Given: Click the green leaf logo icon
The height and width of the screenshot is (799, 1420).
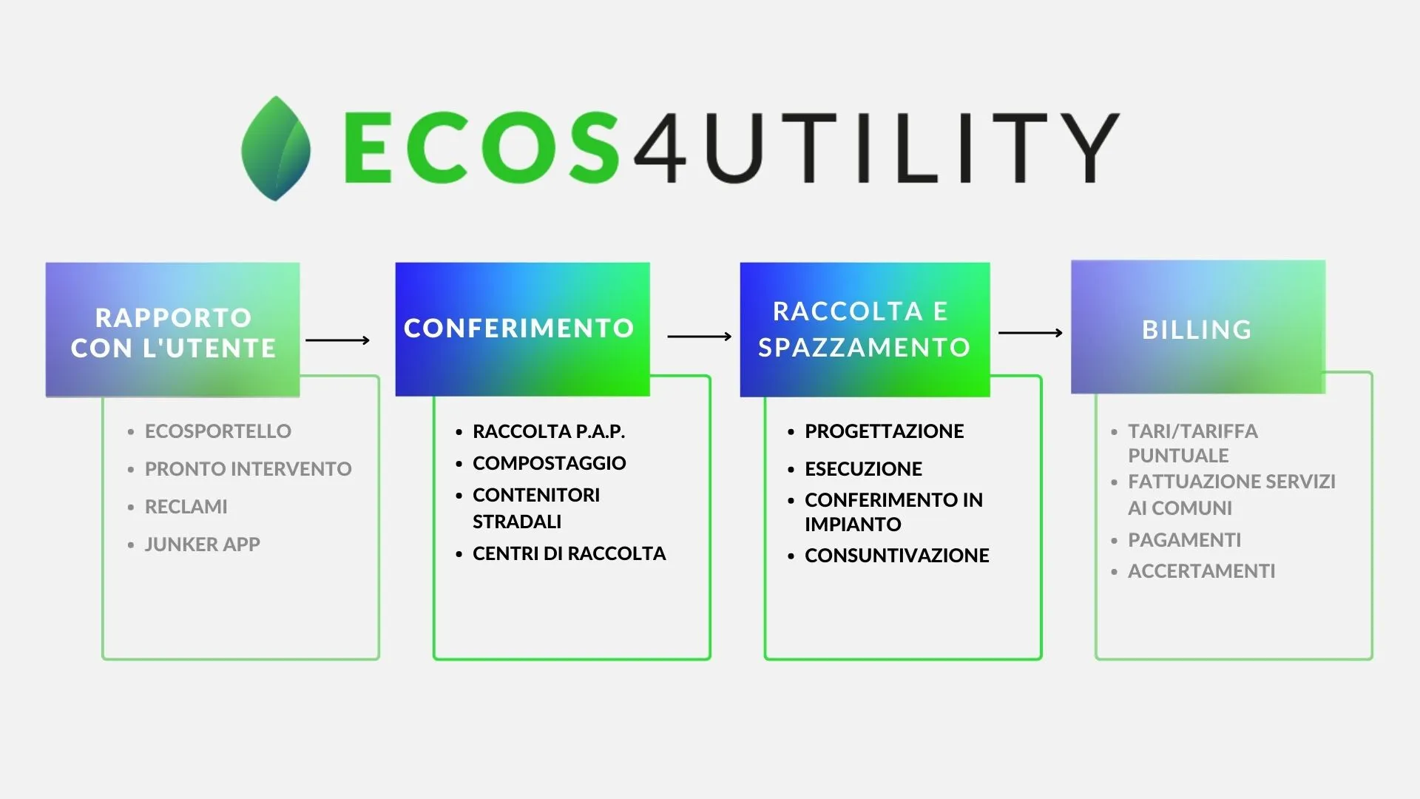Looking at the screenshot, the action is click(x=276, y=148).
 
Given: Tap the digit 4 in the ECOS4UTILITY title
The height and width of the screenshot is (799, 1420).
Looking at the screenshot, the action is click(x=660, y=148).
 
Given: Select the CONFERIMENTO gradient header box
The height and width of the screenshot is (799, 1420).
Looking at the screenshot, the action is click(x=522, y=329).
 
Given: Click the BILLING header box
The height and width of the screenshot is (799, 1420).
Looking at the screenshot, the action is click(x=1198, y=327).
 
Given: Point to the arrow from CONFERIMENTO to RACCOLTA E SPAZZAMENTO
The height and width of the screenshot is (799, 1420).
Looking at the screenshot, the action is click(x=699, y=337).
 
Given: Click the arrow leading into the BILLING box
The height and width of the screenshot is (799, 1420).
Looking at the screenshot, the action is click(x=1030, y=333).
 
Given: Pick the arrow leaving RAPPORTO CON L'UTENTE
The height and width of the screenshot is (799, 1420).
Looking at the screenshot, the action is click(x=337, y=340).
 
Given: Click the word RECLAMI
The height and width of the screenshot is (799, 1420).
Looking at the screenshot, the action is click(x=186, y=507).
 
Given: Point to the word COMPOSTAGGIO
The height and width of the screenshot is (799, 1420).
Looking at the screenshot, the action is click(x=550, y=463).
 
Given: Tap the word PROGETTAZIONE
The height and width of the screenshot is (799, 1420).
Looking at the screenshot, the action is click(x=885, y=431).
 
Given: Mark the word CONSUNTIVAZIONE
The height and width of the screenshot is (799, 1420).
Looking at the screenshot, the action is click(x=897, y=556).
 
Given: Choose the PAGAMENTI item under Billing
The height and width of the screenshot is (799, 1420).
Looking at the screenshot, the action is click(x=1185, y=540).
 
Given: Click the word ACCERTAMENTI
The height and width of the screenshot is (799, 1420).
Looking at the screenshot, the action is click(x=1202, y=571).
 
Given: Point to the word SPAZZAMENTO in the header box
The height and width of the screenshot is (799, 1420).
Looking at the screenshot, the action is click(x=865, y=347).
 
